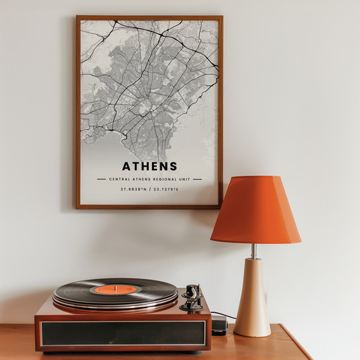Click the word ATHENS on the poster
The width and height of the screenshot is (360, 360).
pyautogui.click(x=150, y=167)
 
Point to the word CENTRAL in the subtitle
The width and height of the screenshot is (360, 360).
pyautogui.click(x=120, y=179)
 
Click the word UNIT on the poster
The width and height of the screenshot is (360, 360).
pyautogui.click(x=184, y=179)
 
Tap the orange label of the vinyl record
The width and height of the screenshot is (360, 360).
pyautogui.click(x=115, y=289)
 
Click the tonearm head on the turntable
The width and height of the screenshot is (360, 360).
pyautogui.click(x=191, y=304)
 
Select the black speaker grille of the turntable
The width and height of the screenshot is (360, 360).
pyautogui.click(x=123, y=333)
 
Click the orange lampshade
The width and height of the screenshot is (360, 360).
pyautogui.click(x=256, y=210)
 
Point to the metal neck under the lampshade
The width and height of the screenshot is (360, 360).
pyautogui.click(x=254, y=251)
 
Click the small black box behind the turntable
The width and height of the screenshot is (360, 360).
pyautogui.click(x=219, y=324)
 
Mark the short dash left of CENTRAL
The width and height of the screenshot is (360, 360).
pyautogui.click(x=102, y=179)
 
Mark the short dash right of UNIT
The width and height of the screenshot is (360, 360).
pyautogui.click(x=197, y=179)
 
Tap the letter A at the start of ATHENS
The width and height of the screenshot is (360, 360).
pyautogui.click(x=127, y=167)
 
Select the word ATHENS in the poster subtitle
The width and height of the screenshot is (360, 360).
pyautogui.click(x=141, y=179)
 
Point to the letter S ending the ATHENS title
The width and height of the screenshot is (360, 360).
pyautogui.click(x=173, y=167)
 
